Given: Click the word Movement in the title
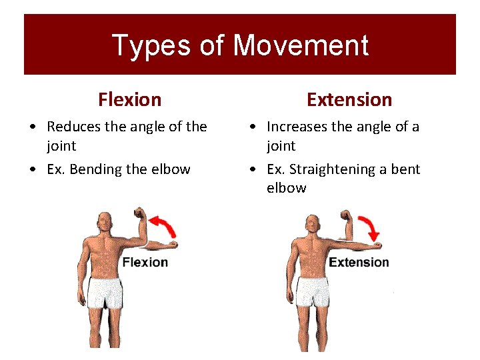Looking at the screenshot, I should tap(301, 46).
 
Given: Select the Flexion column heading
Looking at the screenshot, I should tap(129, 100).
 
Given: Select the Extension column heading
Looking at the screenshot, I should tap(349, 100).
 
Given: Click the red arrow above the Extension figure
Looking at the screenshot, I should tap(369, 227).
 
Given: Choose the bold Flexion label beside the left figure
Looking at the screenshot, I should tap(145, 262).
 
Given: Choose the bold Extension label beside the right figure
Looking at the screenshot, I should tap(359, 262).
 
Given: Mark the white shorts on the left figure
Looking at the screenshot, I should tap(106, 293).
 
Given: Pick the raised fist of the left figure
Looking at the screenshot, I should tap(139, 215).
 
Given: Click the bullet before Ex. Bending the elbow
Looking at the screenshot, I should tap(33, 170).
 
